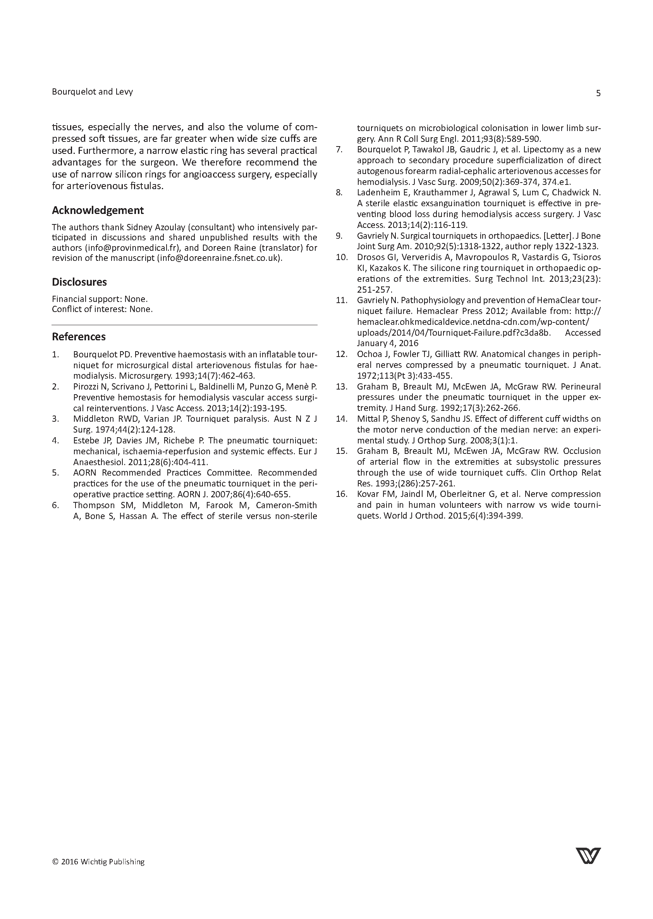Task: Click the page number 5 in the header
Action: coord(598,93)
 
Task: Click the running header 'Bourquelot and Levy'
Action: coord(93,92)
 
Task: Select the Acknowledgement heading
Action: coord(98,210)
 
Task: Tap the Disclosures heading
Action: coord(79,282)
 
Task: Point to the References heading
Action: coord(79,336)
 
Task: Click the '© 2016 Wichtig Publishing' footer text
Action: coord(98,862)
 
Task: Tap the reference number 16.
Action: coord(341,494)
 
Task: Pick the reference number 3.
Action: coord(55,419)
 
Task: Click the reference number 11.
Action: coord(341,300)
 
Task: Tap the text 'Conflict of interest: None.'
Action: coord(102,309)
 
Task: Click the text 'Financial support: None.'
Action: coord(100,299)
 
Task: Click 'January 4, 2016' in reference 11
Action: coord(388,343)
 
